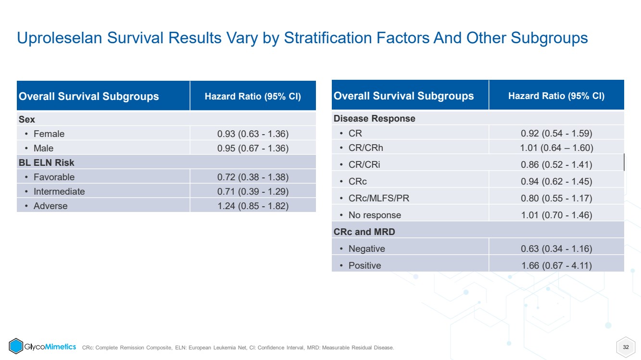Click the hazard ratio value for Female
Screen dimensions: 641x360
point(252,134)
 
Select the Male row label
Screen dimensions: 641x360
point(43,148)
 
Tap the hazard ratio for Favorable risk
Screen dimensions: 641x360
point(252,177)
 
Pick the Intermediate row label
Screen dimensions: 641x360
point(59,191)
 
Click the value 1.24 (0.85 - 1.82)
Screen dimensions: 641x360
point(252,206)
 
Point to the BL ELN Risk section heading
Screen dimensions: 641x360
point(46,163)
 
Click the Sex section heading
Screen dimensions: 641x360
point(26,119)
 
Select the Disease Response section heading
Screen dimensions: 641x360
point(374,118)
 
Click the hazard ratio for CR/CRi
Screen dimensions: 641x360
point(556,164)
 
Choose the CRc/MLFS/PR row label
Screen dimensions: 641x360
point(378,198)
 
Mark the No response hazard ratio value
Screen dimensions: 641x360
point(556,215)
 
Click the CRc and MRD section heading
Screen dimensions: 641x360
point(364,232)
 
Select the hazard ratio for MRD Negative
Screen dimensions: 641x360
point(556,249)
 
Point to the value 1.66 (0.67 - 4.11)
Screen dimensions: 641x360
point(556,266)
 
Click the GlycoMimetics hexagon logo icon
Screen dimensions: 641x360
point(16,346)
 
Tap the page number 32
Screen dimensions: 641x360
point(626,347)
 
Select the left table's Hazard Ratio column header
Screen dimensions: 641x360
point(252,96)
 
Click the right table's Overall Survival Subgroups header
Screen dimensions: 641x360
point(403,96)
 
